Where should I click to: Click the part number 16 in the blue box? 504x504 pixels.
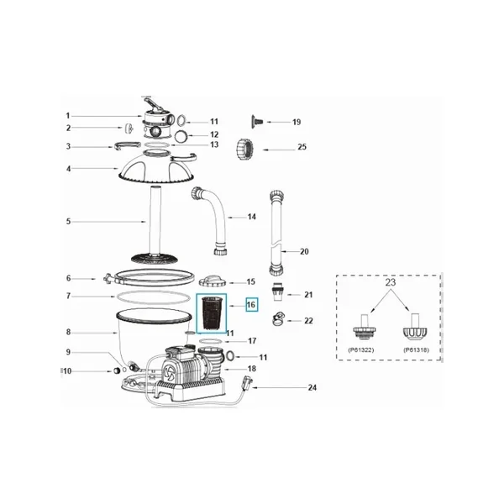(x=251, y=304)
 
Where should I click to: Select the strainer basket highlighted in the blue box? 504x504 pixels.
(x=211, y=313)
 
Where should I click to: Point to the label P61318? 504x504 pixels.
(x=416, y=350)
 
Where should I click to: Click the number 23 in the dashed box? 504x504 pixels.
(x=391, y=282)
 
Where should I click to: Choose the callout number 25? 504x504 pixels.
(x=302, y=147)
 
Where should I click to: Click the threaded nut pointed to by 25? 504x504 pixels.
(x=245, y=148)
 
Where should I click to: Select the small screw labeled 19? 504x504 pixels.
(x=257, y=122)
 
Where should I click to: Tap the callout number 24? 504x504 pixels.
(x=312, y=387)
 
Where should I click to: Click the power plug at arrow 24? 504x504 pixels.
(x=249, y=382)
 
